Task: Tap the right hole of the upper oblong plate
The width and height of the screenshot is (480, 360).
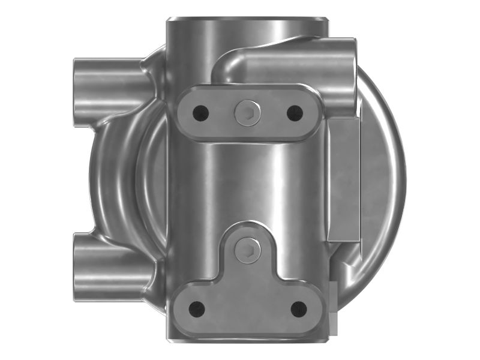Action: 294,112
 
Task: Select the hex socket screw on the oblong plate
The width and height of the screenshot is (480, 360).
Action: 247,112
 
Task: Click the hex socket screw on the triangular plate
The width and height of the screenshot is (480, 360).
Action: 247,250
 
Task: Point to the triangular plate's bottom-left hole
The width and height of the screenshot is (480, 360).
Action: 197,309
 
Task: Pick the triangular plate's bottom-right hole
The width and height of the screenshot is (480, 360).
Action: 298,309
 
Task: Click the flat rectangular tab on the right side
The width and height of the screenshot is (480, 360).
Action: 344,180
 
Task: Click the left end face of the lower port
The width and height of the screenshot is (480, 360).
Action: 76,267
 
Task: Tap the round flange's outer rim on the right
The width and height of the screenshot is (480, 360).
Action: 396,180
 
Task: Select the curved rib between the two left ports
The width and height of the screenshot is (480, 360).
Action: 117,180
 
